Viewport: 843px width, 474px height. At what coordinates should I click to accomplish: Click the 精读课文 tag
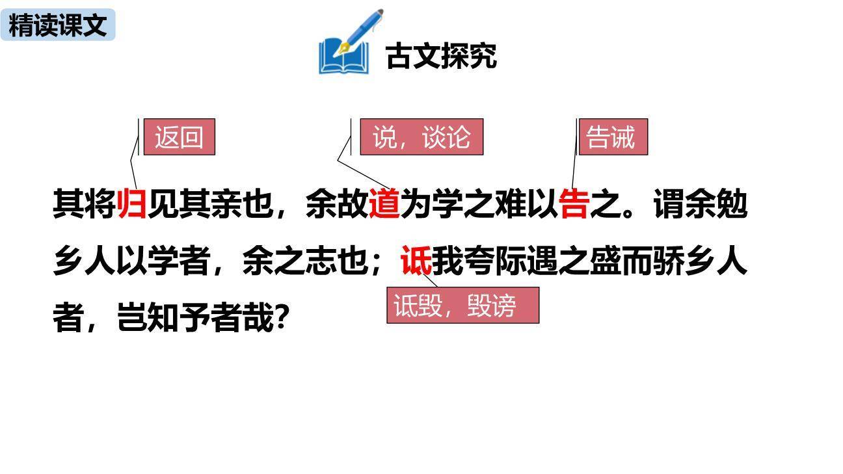[58, 25]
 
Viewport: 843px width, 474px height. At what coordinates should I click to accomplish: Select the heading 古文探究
[441, 56]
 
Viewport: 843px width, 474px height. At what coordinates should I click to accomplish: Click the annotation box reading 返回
[179, 137]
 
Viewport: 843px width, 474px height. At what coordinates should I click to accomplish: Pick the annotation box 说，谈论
[421, 137]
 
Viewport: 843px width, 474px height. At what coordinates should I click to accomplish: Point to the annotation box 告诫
[613, 137]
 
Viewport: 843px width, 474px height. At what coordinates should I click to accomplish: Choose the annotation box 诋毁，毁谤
[462, 305]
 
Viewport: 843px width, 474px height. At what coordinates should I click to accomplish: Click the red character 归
[132, 204]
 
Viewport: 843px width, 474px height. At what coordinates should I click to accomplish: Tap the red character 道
[384, 204]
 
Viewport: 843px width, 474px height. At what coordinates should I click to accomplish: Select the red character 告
[574, 204]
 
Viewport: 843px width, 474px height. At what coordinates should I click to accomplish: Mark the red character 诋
[416, 261]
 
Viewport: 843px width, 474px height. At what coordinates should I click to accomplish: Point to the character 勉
[731, 204]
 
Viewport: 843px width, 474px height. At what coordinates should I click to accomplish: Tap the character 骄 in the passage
[668, 261]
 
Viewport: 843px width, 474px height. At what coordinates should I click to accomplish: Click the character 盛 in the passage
[605, 261]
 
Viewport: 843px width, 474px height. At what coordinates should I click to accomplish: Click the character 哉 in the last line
[258, 319]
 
